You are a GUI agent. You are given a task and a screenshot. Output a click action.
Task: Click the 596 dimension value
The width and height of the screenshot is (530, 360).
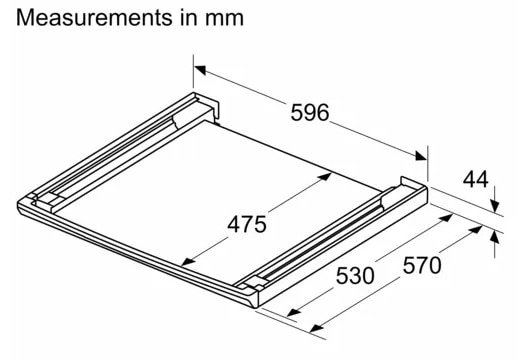coord(310,113)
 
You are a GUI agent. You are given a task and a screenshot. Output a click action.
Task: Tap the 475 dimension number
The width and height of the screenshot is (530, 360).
coord(247,224)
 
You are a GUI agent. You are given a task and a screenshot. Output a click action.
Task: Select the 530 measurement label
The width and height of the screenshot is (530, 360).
coord(355,275)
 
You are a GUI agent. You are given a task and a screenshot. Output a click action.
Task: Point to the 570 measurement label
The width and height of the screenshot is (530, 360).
coord(422,265)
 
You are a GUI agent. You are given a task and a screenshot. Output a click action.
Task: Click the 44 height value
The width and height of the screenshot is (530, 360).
coord(476,179)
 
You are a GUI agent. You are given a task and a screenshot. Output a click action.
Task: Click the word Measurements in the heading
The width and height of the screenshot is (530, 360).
coord(94,18)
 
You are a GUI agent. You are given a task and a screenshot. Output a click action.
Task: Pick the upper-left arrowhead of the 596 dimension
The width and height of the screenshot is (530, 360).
coord(200,70)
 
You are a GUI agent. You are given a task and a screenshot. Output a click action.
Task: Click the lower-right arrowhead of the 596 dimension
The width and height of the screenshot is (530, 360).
coord(421,155)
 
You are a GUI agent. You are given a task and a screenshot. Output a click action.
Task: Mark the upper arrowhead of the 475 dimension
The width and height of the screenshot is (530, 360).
coord(325,176)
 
